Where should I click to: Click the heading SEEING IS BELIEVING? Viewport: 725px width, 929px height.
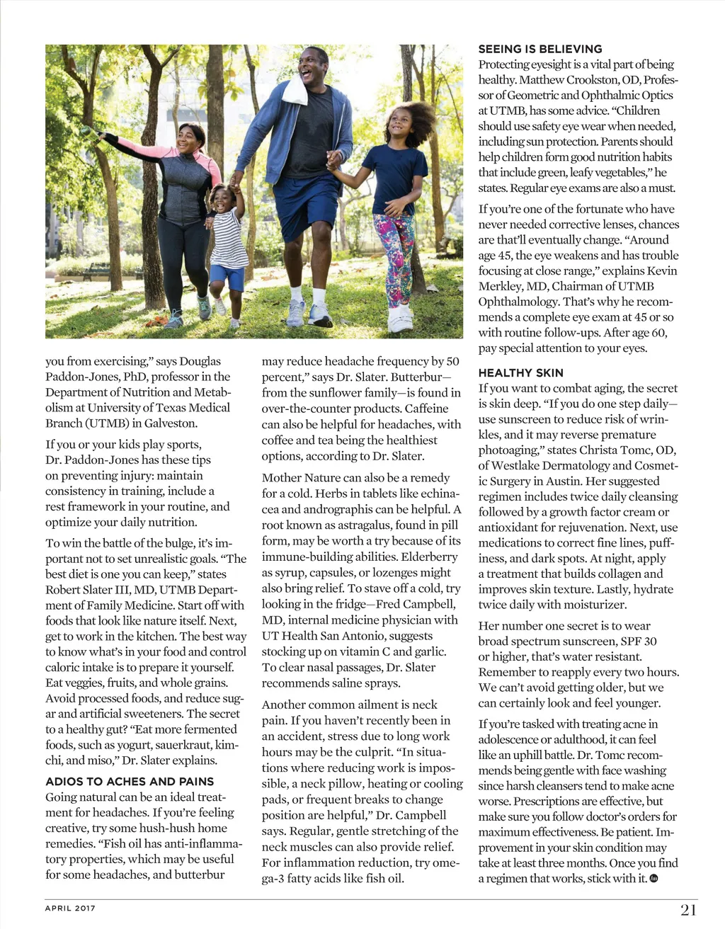click(x=540, y=49)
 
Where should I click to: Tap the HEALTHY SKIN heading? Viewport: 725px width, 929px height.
click(x=520, y=372)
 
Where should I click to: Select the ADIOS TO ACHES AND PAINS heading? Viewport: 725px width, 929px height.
click(x=130, y=781)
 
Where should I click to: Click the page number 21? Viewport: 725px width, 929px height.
click(x=689, y=910)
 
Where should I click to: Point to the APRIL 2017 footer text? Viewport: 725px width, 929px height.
click(x=70, y=908)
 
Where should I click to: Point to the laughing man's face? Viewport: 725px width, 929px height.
click(x=312, y=67)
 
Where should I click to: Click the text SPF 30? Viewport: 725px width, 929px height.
click(x=638, y=641)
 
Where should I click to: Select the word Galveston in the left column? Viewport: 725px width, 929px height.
click(x=172, y=423)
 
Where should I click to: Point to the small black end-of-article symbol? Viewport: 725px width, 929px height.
click(x=653, y=878)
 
